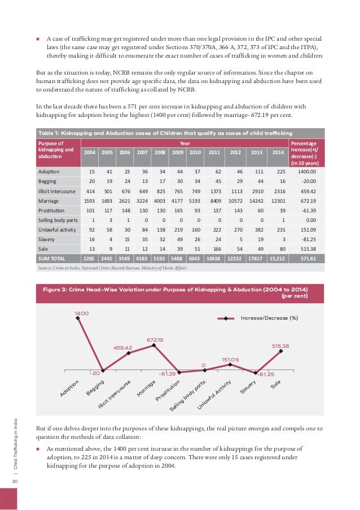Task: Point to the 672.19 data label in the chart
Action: point(155,339)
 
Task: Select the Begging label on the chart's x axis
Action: point(94,389)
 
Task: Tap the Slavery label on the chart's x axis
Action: point(248,388)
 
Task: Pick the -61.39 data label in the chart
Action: point(166,374)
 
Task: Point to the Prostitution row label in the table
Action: point(54,208)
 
